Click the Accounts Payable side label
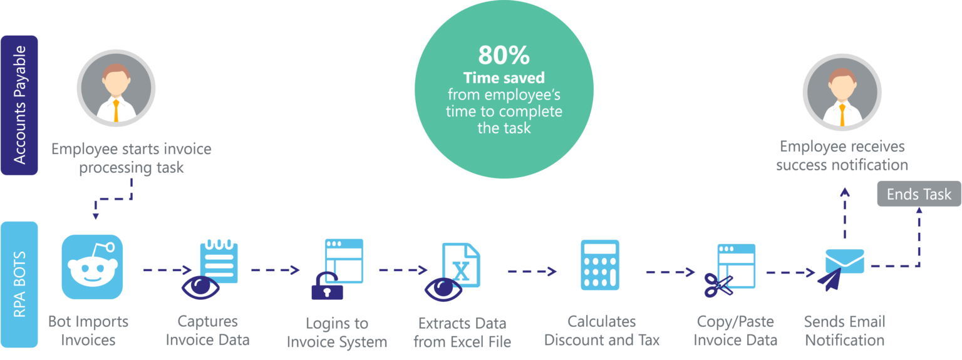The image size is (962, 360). click(x=19, y=105)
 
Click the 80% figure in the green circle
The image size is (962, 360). click(x=504, y=56)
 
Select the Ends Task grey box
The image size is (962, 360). click(x=918, y=194)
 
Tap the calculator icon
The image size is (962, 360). click(x=599, y=264)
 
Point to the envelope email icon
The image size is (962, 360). click(x=845, y=260)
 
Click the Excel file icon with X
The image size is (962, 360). click(x=461, y=265)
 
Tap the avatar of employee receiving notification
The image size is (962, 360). click(x=842, y=91)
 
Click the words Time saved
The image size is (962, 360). click(x=504, y=78)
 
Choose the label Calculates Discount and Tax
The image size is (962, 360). click(x=601, y=331)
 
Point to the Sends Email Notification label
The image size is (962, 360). click(x=844, y=331)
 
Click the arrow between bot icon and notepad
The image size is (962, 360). click(x=167, y=270)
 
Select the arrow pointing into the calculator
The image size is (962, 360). click(x=532, y=271)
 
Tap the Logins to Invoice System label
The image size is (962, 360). click(x=337, y=332)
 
